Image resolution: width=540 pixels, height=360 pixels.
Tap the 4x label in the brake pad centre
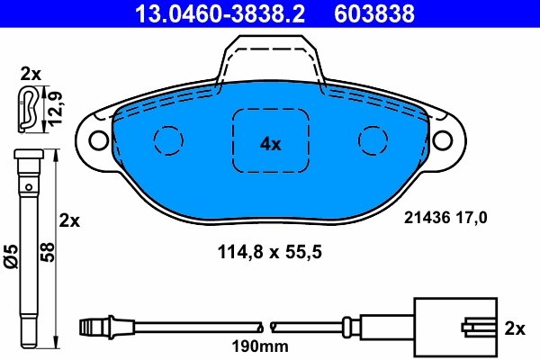tap(271, 143)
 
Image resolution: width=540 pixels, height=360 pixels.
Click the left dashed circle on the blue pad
tap(168, 139)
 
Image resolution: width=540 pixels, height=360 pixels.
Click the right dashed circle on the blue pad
tap(373, 139)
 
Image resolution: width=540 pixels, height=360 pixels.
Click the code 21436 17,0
tap(447, 217)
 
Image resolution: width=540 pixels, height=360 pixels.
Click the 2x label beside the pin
tap(69, 220)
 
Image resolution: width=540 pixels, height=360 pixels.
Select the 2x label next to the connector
tap(515, 329)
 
